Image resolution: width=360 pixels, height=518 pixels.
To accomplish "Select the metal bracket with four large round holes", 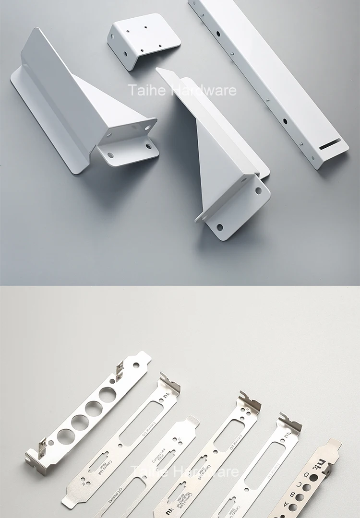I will pos(86,412).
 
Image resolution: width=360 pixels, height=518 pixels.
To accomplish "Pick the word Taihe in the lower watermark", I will pos(147,472).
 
